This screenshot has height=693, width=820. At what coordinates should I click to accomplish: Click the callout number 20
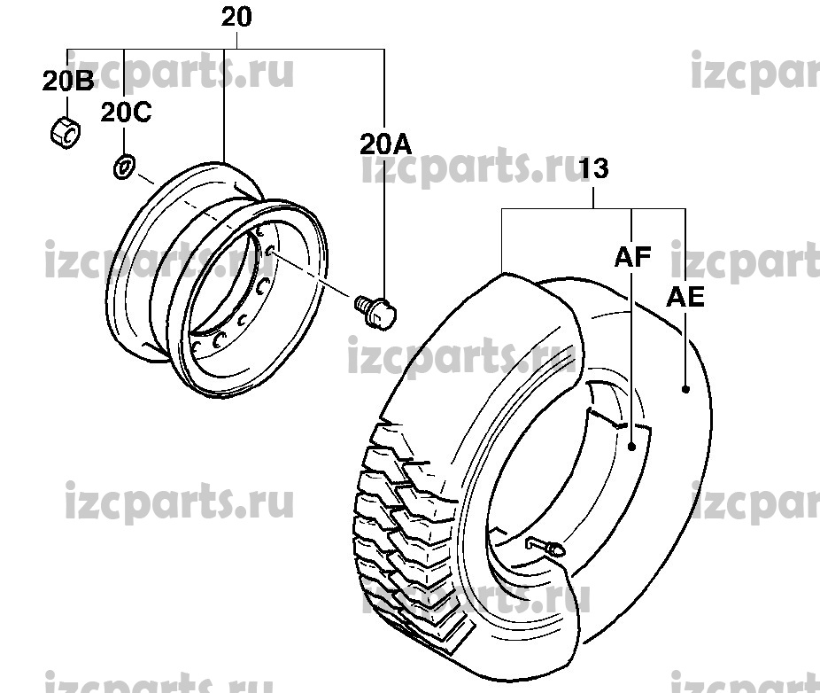236,17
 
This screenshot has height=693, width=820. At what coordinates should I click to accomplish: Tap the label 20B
68,82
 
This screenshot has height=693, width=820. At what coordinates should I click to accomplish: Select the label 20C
126,112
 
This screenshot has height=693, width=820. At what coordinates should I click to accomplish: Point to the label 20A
385,144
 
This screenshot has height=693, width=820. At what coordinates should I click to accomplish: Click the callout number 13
594,168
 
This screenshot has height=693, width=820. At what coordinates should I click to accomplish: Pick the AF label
633,257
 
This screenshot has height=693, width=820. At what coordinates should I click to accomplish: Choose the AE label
685,297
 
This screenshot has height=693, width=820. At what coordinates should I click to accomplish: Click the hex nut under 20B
66,131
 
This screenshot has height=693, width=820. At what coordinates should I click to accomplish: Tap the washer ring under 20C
125,167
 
